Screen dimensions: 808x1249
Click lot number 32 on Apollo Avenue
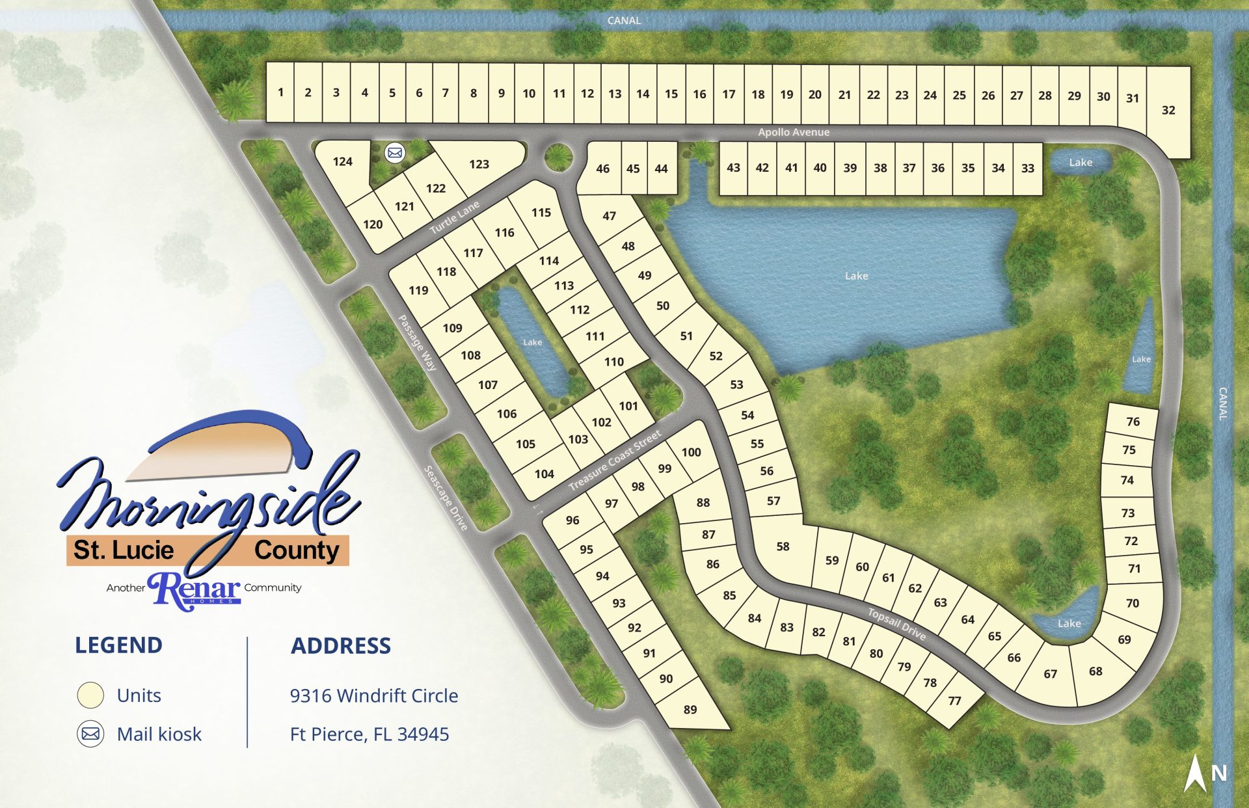pyautogui.click(x=1168, y=110)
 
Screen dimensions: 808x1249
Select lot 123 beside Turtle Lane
pyautogui.click(x=479, y=164)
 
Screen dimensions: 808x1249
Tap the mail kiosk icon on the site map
pyautogui.click(x=395, y=153)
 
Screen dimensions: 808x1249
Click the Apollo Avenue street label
pyautogui.click(x=794, y=132)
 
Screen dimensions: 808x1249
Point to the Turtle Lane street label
pyautogui.click(x=455, y=217)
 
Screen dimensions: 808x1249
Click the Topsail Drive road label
pyautogui.click(x=896, y=623)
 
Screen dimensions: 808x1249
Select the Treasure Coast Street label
pyautogui.click(x=615, y=460)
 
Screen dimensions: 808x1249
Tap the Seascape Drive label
pyautogui.click(x=446, y=498)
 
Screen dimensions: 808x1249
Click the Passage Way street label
pyautogui.click(x=417, y=343)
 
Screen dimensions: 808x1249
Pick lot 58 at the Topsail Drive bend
pyautogui.click(x=783, y=546)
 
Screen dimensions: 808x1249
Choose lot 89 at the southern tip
pyautogui.click(x=690, y=709)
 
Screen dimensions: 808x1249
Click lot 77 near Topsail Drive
pyautogui.click(x=954, y=701)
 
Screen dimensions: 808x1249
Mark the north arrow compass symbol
pyautogui.click(x=1196, y=773)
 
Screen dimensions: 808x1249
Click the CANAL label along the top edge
pyautogui.click(x=624, y=21)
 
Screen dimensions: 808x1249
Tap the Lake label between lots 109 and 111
pyautogui.click(x=532, y=342)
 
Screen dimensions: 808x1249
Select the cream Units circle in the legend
pyautogui.click(x=90, y=695)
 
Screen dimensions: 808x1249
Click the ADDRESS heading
pyautogui.click(x=341, y=645)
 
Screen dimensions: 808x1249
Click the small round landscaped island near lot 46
pyautogui.click(x=558, y=157)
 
